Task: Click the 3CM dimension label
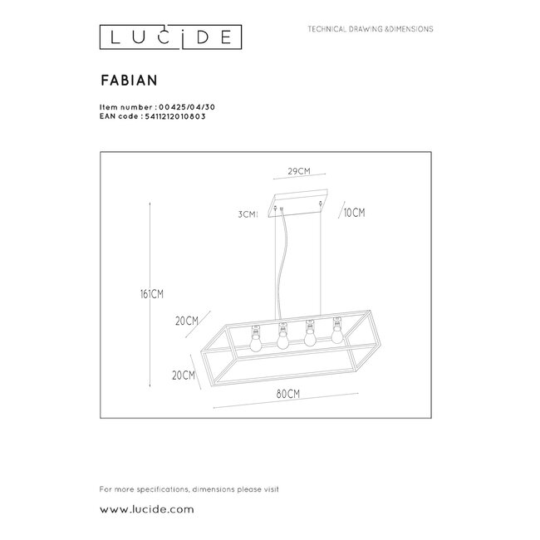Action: pos(246,214)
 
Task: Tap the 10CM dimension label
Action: pos(354,214)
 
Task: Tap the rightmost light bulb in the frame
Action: pos(337,334)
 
